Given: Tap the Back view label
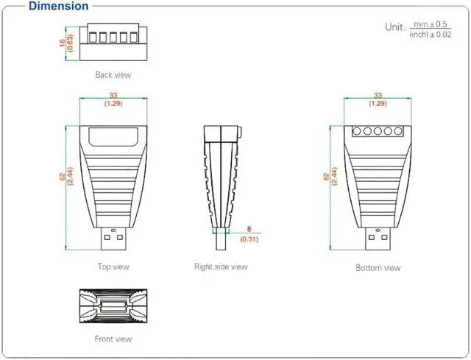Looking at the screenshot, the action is coord(113,74).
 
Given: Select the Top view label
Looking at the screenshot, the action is coord(113,267).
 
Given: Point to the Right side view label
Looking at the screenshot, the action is coord(221,267).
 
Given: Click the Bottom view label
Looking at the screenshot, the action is coord(378,267).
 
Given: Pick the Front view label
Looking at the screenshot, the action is coord(113,339).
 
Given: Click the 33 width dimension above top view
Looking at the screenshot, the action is coord(113,95).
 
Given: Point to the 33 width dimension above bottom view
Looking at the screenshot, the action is coord(378,95).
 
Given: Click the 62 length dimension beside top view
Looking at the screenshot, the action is coord(61,177).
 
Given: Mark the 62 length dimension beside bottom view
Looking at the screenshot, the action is coord(327,177).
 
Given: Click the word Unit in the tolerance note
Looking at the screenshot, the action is coord(394,27).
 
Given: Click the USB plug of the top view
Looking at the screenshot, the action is coord(113,239).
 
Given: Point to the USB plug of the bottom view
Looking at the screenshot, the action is coord(378,239).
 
